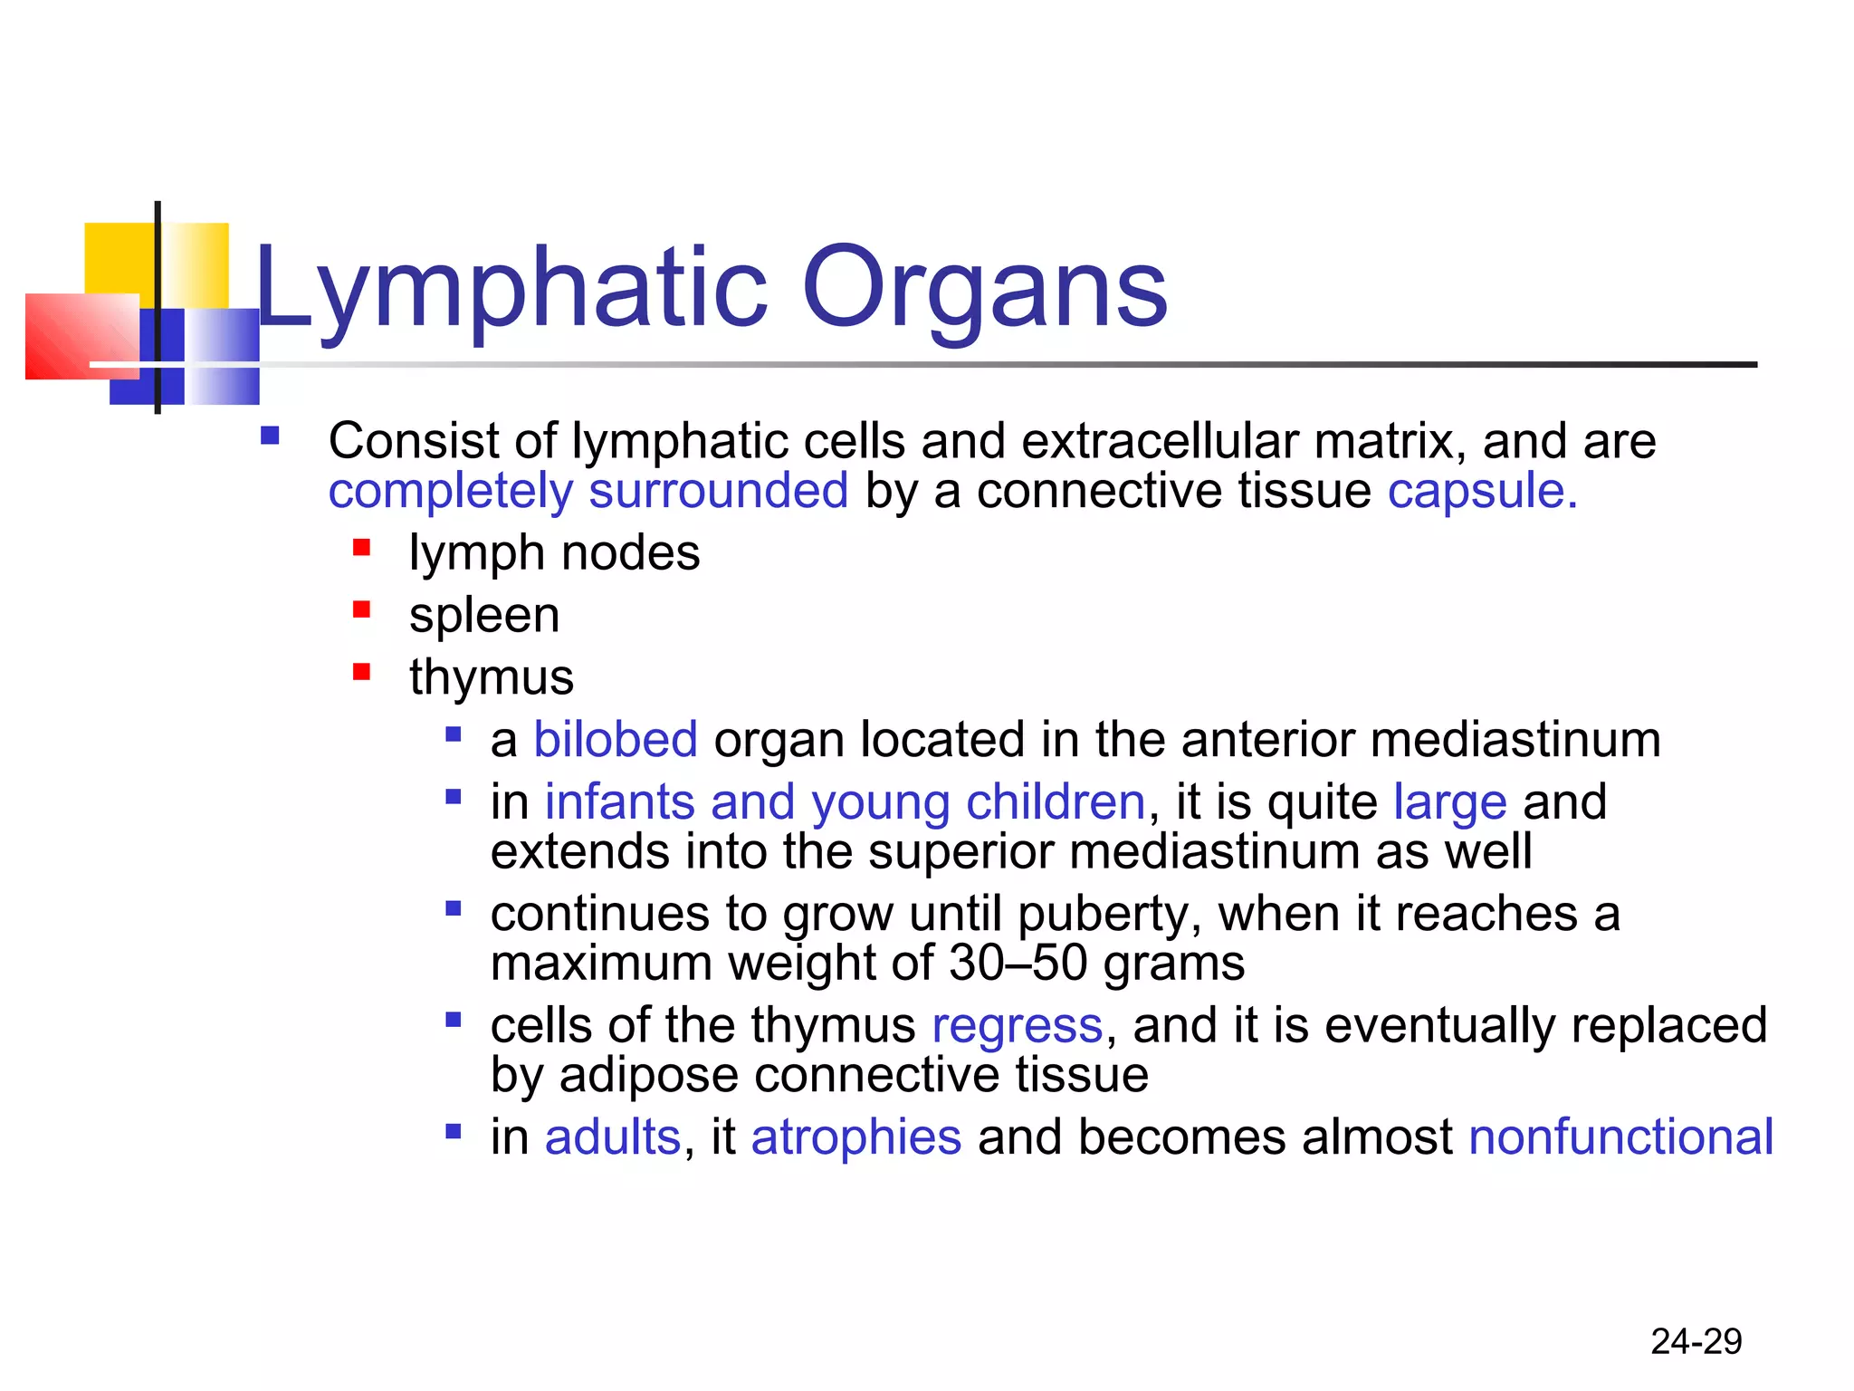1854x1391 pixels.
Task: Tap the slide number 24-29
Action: pos(1696,1341)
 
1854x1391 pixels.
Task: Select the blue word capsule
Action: pos(1481,492)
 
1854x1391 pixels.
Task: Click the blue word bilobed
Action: pos(616,739)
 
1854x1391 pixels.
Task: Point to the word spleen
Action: pos(484,616)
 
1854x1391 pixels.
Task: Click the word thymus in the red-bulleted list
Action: pos(492,677)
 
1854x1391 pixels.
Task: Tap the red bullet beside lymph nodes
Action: pos(362,548)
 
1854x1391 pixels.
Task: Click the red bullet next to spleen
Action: pos(362,609)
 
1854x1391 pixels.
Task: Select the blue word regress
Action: pos(1018,1026)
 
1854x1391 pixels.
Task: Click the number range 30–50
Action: pos(1018,963)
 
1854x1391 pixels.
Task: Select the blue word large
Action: pos(1449,802)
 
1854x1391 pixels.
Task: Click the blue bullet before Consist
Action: pos(270,436)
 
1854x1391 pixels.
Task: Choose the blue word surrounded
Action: pos(719,492)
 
